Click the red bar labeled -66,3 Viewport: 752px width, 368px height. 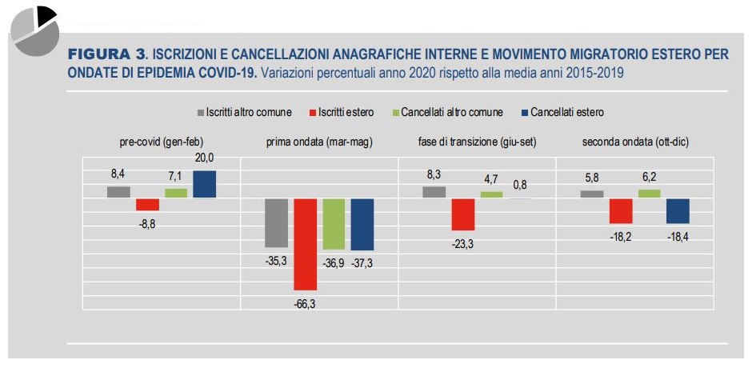306,243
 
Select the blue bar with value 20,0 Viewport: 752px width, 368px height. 204,184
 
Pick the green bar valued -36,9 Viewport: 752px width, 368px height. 334,224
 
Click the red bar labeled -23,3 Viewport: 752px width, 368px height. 463,214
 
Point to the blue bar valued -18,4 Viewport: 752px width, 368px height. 678,210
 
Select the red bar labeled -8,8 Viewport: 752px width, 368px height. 147,204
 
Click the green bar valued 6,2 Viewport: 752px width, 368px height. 650,193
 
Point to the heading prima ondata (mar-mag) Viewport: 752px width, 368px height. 319,142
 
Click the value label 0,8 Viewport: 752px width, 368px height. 520,186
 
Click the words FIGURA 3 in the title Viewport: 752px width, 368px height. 107,54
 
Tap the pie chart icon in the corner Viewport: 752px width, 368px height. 34,30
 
